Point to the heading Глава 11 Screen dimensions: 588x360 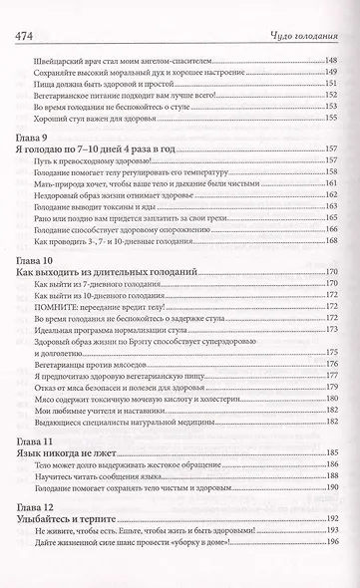[x=32, y=440]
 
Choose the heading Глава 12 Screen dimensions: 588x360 [x=32, y=508]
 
